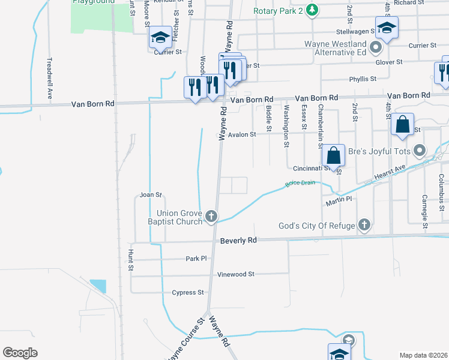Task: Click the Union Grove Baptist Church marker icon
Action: (211, 216)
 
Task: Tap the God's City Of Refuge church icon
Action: (364, 225)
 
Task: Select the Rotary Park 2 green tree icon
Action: (312, 10)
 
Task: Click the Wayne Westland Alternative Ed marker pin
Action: (376, 47)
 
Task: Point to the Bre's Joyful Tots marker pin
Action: (420, 151)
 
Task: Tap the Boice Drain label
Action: (300, 183)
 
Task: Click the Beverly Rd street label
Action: (238, 240)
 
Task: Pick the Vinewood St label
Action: (236, 274)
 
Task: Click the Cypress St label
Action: (188, 293)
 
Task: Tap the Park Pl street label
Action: (196, 259)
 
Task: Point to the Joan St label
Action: (151, 195)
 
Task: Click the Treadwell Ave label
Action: (50, 78)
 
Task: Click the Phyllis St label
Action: (363, 79)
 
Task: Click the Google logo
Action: (20, 352)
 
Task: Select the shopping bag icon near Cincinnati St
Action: (333, 155)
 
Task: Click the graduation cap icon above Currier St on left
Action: (160, 38)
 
